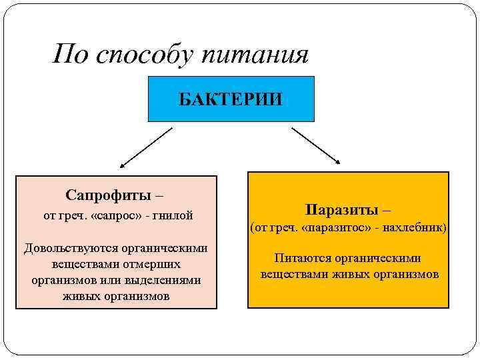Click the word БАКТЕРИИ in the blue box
(x=230, y=100)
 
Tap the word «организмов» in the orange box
(x=405, y=274)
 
